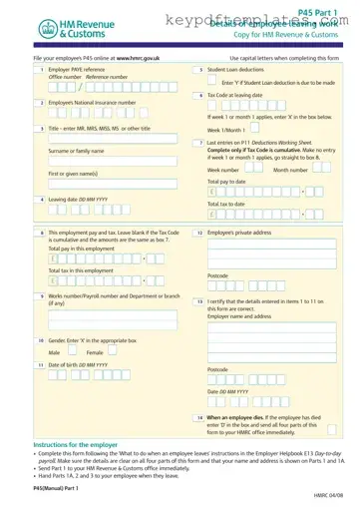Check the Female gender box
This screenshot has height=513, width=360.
coord(111,352)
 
